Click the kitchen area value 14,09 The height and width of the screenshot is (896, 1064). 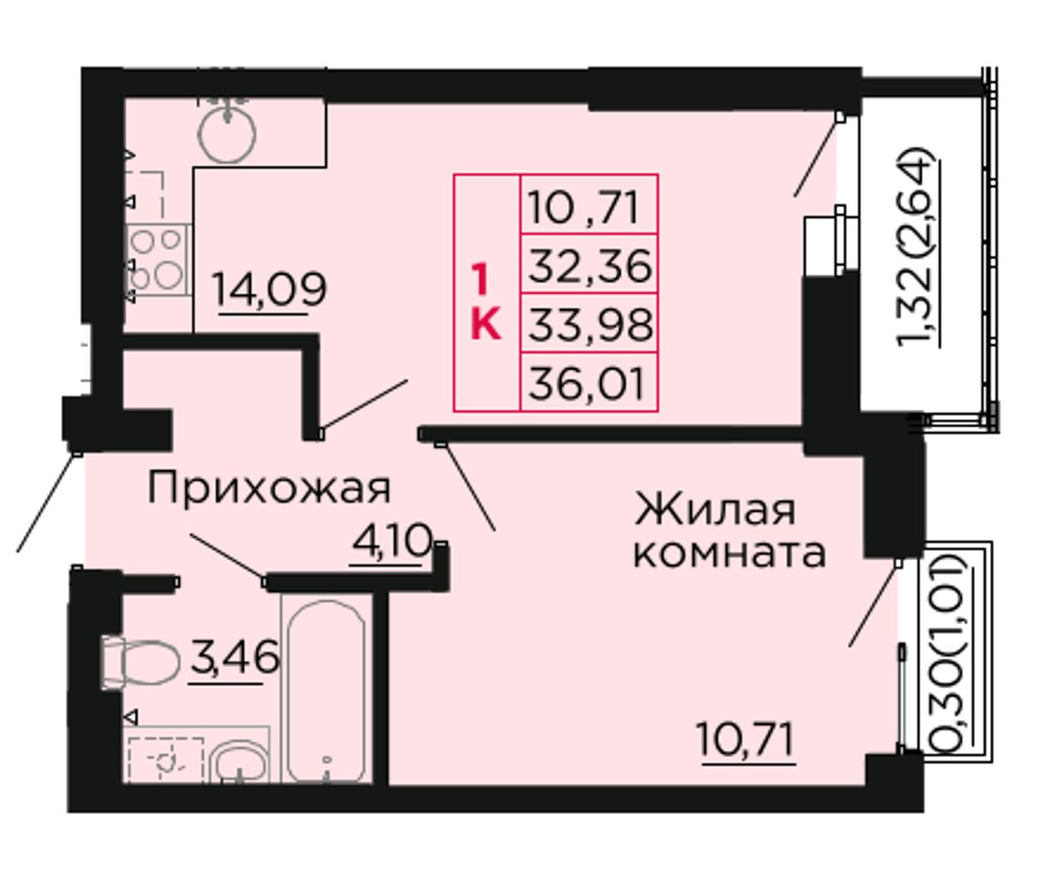(x=269, y=290)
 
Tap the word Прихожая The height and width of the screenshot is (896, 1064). (x=269, y=487)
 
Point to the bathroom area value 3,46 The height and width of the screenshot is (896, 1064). (x=235, y=657)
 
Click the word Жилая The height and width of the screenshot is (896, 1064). (x=714, y=510)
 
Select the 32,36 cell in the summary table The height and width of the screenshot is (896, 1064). (x=589, y=265)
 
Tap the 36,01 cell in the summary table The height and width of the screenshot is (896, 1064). (x=589, y=383)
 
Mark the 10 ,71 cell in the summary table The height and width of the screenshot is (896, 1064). (x=589, y=205)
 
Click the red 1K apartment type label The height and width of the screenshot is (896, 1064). (x=485, y=301)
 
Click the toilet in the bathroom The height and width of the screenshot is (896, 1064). (x=140, y=662)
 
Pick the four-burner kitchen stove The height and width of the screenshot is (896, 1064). (x=159, y=260)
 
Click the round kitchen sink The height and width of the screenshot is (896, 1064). (x=227, y=135)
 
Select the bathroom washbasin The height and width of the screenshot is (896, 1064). (x=239, y=762)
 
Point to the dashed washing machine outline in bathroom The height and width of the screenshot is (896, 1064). (x=165, y=760)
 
